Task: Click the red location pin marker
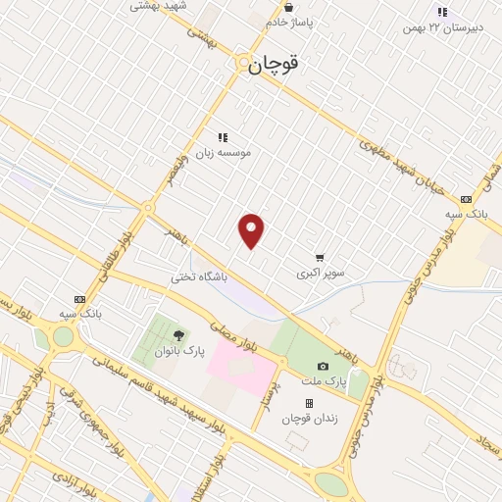point(252,230)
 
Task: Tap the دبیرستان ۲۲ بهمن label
point(441,27)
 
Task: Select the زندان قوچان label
point(309,419)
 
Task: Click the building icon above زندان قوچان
point(309,403)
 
